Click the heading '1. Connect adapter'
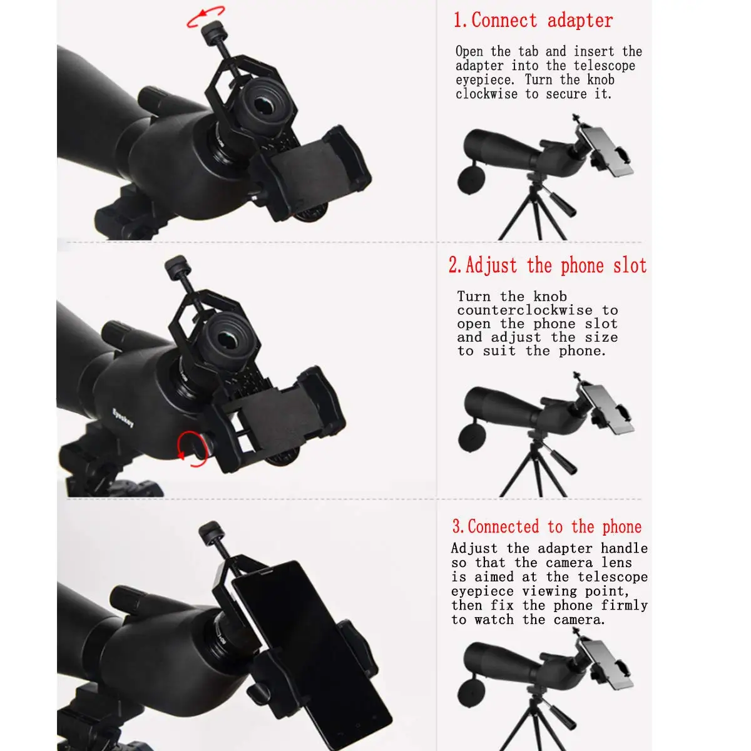[533, 20]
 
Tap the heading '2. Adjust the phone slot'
[548, 266]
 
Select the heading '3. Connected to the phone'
[547, 526]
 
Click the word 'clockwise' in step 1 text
[487, 94]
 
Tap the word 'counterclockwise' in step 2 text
[524, 310]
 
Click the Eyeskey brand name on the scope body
[123, 418]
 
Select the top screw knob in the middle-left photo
[177, 266]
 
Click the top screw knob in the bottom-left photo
[212, 533]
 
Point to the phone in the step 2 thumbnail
[606, 409]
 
